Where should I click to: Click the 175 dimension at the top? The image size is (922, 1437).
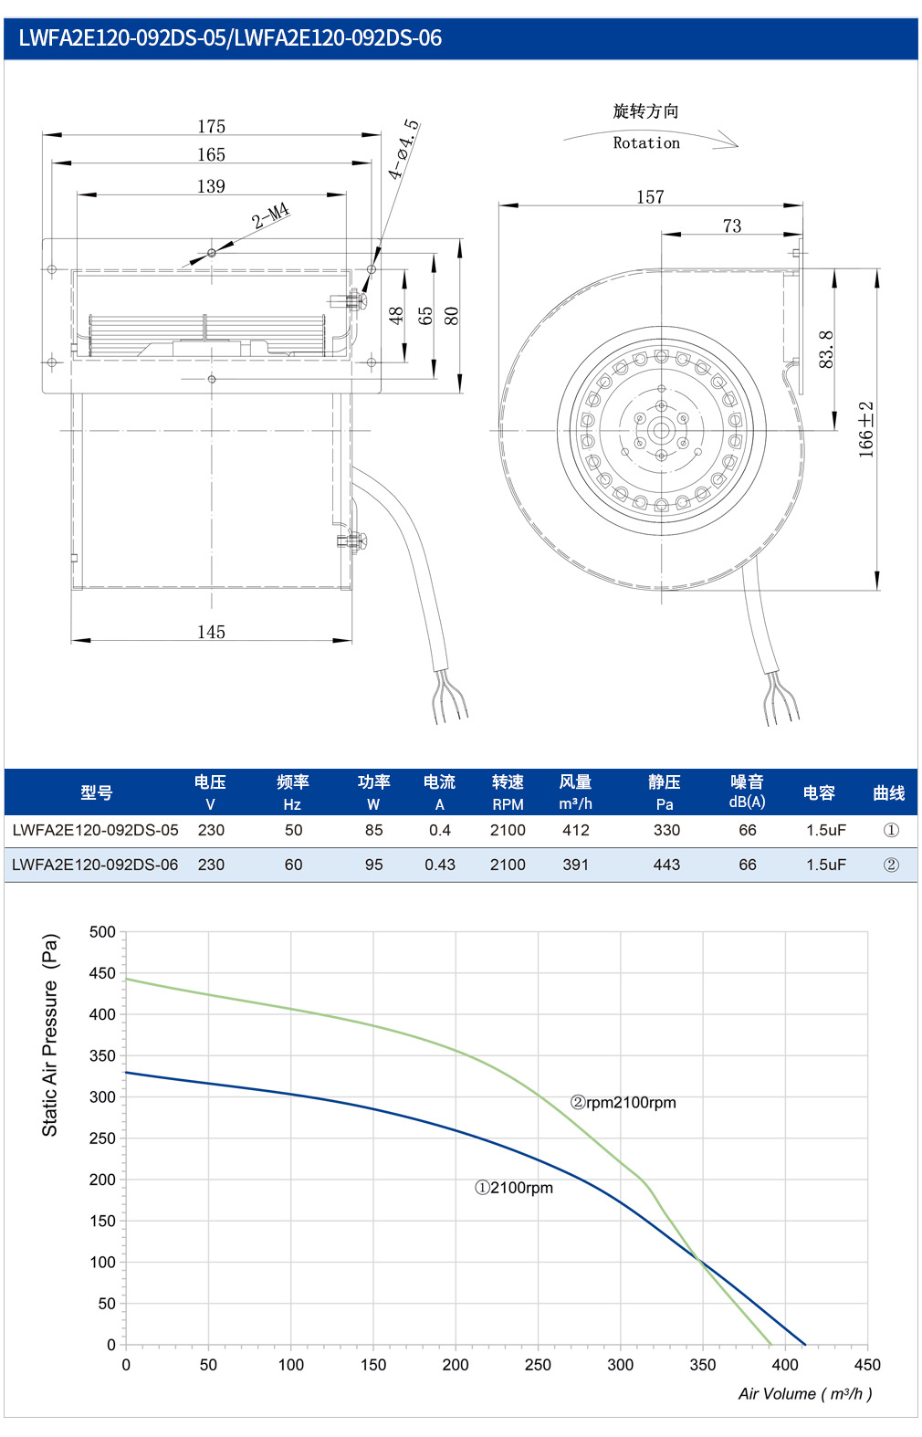211,126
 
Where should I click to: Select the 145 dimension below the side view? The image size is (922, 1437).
211,632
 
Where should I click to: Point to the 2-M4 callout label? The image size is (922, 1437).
271,215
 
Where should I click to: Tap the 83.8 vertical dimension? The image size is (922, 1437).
826,349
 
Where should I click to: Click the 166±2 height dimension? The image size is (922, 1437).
865,429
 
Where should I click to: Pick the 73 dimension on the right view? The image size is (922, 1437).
731,226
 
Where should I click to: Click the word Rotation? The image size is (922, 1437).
646,142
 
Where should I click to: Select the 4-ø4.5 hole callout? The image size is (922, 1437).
403,149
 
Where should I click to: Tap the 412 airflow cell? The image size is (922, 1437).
575,830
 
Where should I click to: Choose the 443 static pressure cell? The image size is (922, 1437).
666,865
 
